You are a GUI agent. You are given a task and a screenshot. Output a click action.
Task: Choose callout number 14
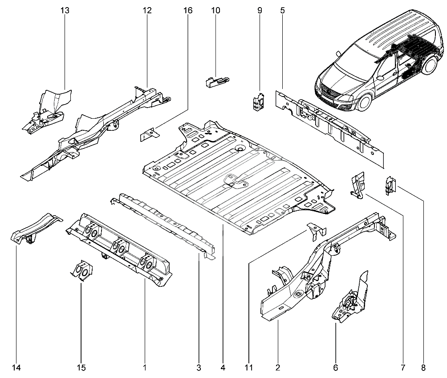tap(16, 368)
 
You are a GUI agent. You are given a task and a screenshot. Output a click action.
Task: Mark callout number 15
tap(81, 368)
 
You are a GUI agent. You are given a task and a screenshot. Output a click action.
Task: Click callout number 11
tap(248, 368)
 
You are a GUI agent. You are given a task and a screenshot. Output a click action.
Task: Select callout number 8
tap(423, 368)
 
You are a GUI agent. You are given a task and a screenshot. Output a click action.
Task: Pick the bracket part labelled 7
tap(358, 184)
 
